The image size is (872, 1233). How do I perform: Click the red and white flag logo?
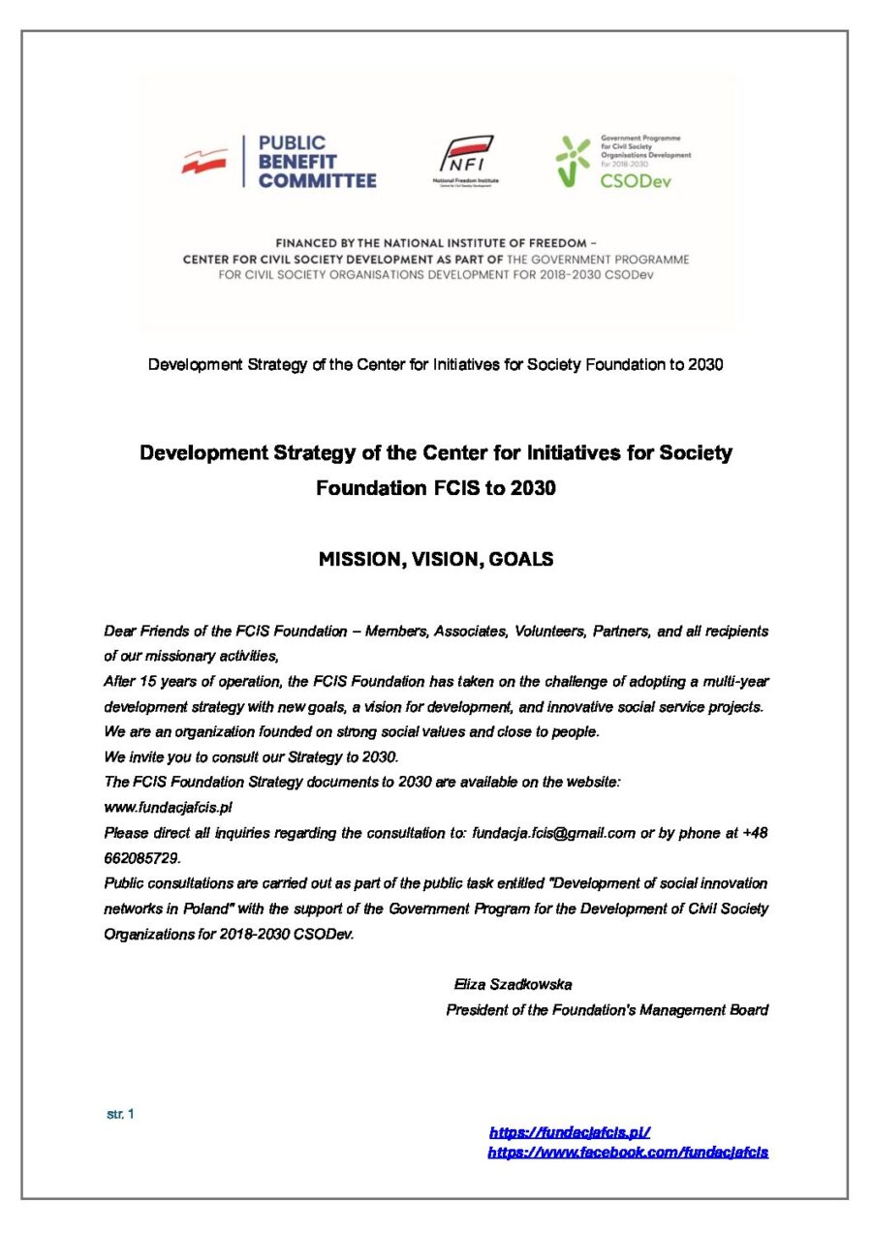[204, 161]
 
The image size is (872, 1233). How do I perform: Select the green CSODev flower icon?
[573, 159]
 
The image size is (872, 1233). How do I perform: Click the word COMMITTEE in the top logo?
[317, 180]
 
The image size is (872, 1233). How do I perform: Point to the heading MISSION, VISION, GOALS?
[436, 559]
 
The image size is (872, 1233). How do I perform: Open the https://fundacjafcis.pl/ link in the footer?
[569, 1131]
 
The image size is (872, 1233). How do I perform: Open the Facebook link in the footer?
[627, 1152]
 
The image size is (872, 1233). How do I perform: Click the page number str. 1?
[120, 1114]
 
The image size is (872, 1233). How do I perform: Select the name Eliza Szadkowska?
[513, 985]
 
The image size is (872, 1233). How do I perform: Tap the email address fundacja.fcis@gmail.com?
[553, 832]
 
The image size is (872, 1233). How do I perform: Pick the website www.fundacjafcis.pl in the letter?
[168, 807]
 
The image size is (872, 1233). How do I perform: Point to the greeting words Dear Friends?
[146, 631]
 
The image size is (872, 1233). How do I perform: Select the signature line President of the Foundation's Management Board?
[607, 1010]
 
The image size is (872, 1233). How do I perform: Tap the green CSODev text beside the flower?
[635, 180]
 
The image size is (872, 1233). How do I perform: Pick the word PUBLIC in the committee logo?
[292, 143]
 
